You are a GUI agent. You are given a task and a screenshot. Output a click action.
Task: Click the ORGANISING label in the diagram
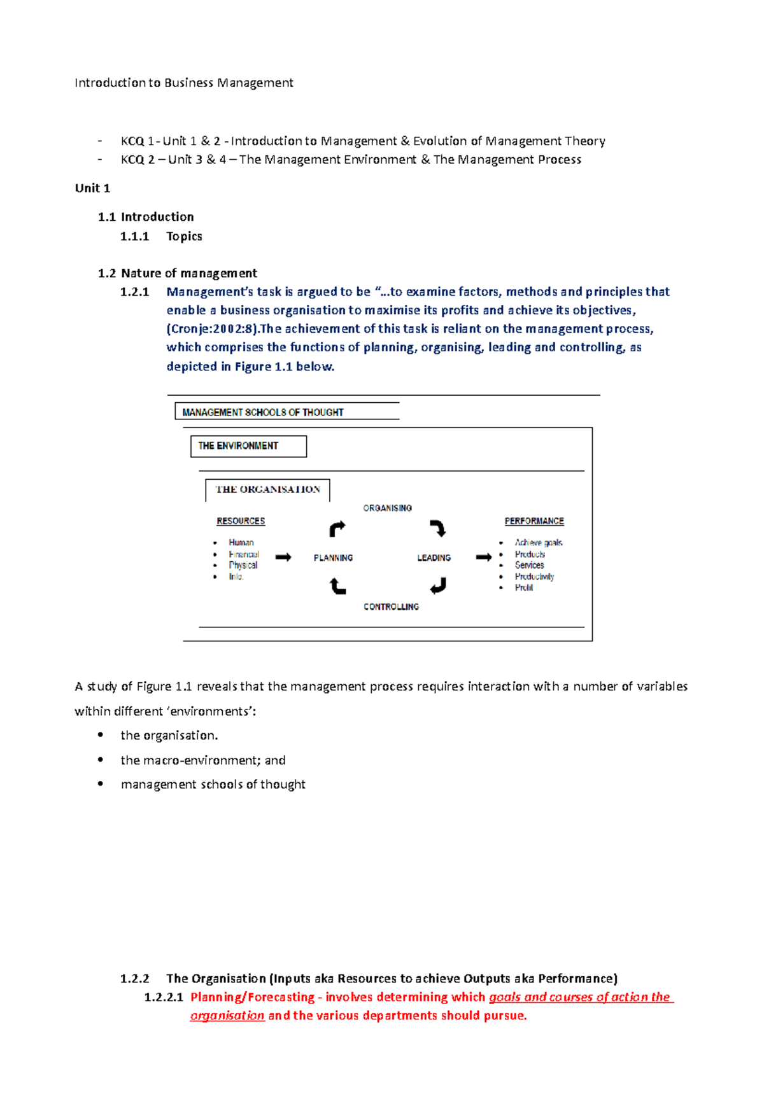pos(387,508)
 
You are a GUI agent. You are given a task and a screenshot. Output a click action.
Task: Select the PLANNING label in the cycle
pos(333,557)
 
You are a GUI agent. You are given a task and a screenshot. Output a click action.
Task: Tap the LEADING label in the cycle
pos(434,557)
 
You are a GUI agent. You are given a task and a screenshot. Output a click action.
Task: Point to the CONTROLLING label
pos(391,606)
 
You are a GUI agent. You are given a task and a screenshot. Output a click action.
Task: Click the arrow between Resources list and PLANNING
pos(283,557)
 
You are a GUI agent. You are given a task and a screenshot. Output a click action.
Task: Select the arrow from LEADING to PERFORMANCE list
pos(484,557)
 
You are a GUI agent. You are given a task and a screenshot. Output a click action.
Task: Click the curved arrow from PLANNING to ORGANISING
pos(337,529)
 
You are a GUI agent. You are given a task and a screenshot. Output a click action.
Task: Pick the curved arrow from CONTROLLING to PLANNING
pos(337,585)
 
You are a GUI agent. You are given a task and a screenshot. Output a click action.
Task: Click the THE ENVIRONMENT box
pos(248,446)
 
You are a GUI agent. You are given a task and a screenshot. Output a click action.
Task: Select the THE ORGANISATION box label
pos(267,489)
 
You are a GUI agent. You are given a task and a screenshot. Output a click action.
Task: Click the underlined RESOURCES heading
pos(241,521)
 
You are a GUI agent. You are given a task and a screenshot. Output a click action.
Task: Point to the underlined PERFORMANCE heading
pos(534,521)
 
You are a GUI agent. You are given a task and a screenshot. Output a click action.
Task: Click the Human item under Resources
pos(241,542)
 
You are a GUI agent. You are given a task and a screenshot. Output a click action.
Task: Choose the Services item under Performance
pos(529,565)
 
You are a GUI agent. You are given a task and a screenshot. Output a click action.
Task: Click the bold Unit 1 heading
pos(92,188)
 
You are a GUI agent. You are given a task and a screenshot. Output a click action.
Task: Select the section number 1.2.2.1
pos(164,997)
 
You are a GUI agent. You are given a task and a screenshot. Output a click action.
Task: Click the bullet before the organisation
pos(101,734)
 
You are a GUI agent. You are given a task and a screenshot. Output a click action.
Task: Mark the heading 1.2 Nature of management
pos(177,273)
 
